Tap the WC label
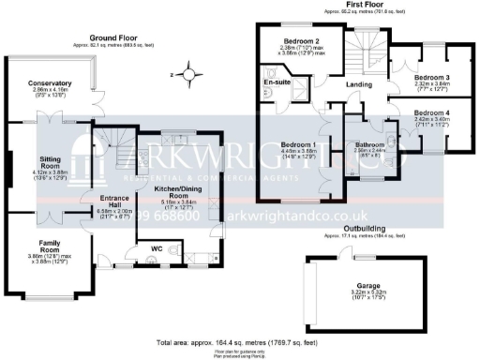click(148, 249)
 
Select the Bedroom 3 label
click(433, 78)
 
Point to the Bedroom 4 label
click(433, 113)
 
